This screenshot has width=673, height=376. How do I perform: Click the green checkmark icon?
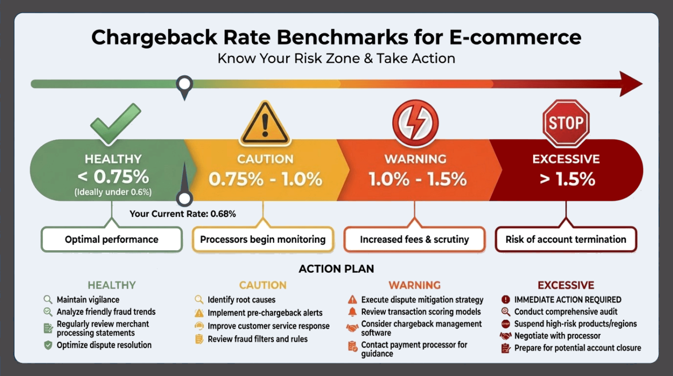(116, 124)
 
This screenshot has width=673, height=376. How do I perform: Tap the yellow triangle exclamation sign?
(265, 124)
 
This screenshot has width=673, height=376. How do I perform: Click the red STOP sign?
(566, 123)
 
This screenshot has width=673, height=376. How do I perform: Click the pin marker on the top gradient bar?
(184, 85)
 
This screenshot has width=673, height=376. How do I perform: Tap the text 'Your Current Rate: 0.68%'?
(182, 214)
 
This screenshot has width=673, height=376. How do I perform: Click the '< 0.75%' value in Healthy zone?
(113, 176)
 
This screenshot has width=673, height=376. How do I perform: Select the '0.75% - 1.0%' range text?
(265, 179)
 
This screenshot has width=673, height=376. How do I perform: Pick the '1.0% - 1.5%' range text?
(417, 179)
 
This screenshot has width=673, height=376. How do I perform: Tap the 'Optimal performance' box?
(111, 240)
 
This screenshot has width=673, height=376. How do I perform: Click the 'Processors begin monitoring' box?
(263, 240)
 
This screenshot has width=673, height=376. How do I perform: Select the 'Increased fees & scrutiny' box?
(414, 240)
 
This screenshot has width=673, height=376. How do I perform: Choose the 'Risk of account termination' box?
(566, 240)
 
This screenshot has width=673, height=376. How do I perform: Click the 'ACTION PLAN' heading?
(336, 269)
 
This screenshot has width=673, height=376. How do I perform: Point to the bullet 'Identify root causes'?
(241, 300)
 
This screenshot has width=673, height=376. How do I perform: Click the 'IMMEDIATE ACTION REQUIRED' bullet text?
(568, 300)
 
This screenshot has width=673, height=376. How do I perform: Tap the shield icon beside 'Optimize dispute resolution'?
(48, 345)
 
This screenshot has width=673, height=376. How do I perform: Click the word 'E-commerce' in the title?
(515, 37)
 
